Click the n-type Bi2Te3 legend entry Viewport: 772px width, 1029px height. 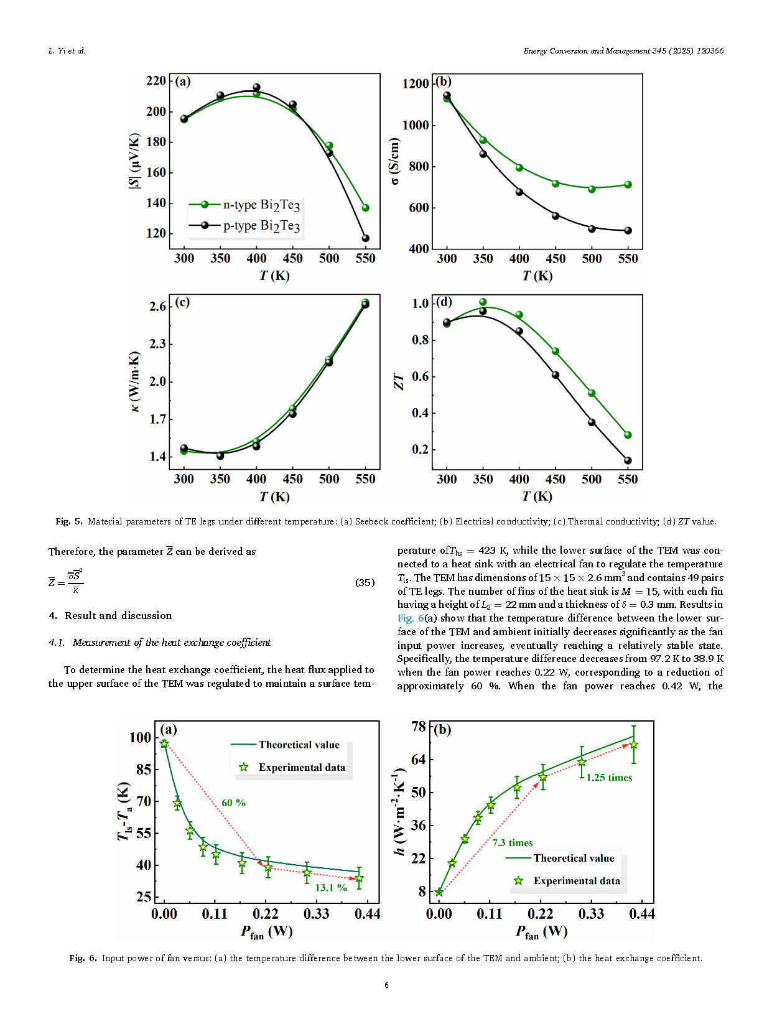click(x=244, y=205)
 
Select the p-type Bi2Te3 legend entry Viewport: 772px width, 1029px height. click(x=244, y=225)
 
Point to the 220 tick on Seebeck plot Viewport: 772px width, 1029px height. click(x=156, y=80)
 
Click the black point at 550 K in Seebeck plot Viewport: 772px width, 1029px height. click(x=366, y=238)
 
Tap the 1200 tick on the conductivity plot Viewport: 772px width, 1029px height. click(x=416, y=83)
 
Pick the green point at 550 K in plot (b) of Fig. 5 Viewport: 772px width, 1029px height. click(x=628, y=185)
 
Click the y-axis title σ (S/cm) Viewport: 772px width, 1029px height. click(x=394, y=161)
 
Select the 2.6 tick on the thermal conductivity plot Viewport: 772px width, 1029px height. click(x=157, y=306)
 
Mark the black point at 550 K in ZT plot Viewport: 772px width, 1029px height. click(x=628, y=461)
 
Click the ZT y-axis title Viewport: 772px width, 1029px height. click(x=399, y=381)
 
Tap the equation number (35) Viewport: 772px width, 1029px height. click(x=365, y=582)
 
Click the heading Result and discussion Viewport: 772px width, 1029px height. click(x=118, y=615)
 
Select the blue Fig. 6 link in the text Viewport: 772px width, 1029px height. click(x=411, y=618)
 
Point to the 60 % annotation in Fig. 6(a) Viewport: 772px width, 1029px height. click(x=233, y=803)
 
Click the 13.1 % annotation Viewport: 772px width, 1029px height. click(x=330, y=887)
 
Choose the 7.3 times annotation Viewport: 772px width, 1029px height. click(x=513, y=842)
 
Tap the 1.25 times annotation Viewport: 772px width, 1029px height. click(x=609, y=777)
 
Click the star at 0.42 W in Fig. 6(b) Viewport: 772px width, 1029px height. click(x=633, y=745)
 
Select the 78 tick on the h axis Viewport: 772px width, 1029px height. click(x=419, y=726)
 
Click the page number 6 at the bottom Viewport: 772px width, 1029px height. click(x=386, y=985)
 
